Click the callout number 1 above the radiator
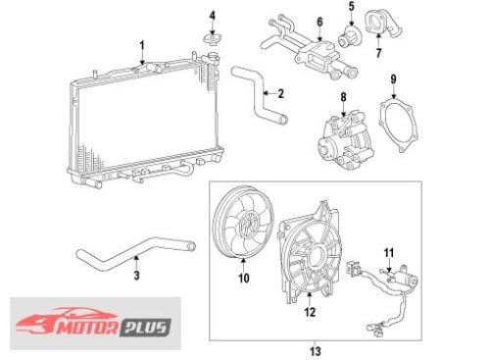point(142,46)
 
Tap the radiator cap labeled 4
point(213,39)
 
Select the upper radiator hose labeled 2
point(259,95)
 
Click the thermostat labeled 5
point(350,36)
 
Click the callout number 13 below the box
point(316,351)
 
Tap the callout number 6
point(319,22)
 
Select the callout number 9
point(393,79)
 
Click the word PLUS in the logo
point(146,327)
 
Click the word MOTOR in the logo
point(87,328)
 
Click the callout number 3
point(136,276)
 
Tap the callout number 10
point(244,278)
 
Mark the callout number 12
point(310,312)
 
